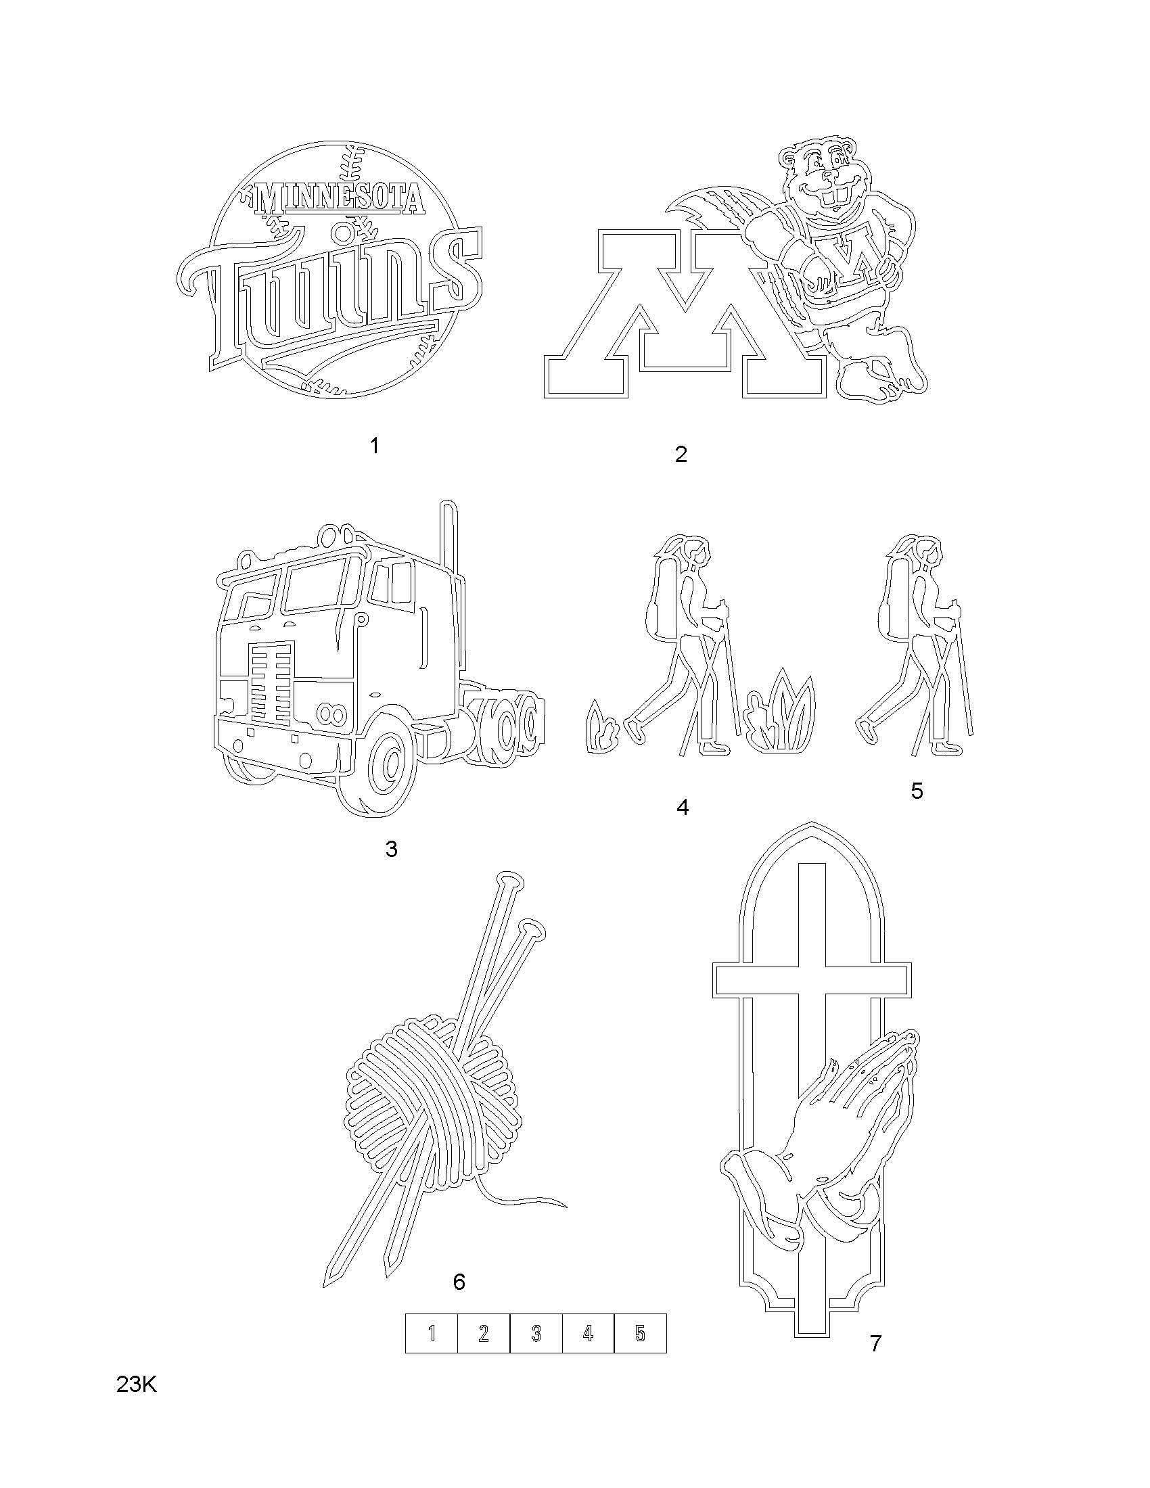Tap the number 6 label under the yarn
pyautogui.click(x=459, y=1282)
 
